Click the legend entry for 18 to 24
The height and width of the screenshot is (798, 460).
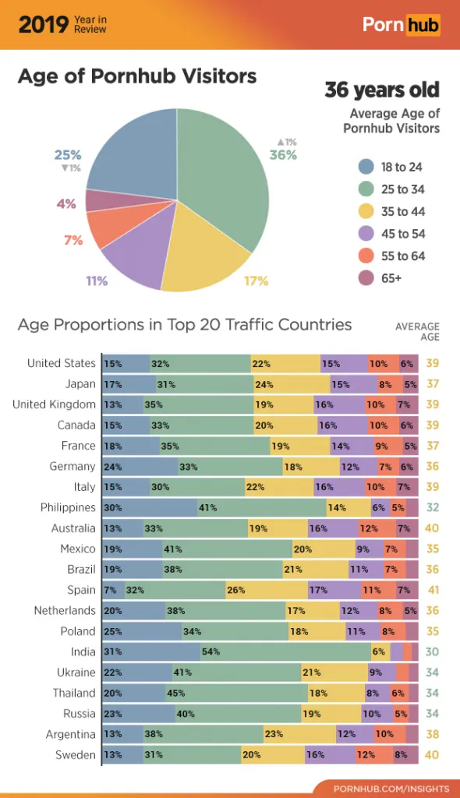pyautogui.click(x=402, y=167)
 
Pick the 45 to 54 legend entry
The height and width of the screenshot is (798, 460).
pyautogui.click(x=402, y=234)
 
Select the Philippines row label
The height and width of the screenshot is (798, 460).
pyautogui.click(x=68, y=507)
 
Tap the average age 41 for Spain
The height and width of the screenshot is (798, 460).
pyautogui.click(x=432, y=590)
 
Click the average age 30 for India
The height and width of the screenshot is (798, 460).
pyautogui.click(x=432, y=651)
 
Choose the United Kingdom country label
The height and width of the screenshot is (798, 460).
pyautogui.click(x=54, y=404)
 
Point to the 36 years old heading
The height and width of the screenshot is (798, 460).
pyautogui.click(x=382, y=90)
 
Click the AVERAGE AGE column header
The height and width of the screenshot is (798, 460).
pyautogui.click(x=417, y=331)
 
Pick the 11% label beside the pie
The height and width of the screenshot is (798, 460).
pyautogui.click(x=97, y=281)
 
